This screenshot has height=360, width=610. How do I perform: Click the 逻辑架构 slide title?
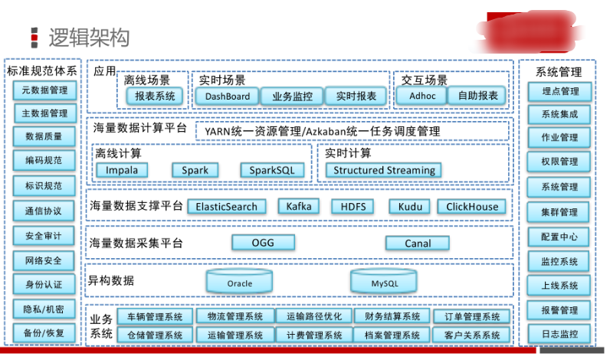[89, 38]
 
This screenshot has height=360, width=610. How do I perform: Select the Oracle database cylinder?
[239, 282]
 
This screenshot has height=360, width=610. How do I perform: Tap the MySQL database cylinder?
[385, 282]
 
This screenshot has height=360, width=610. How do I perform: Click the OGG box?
[263, 243]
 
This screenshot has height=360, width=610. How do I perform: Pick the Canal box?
[417, 244]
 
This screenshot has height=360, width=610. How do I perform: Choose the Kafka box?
[299, 206]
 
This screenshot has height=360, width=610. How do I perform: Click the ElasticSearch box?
[227, 206]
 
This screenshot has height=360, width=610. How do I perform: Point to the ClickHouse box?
[472, 206]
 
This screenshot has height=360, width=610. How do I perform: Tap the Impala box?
[122, 169]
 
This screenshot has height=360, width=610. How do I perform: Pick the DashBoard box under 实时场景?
[227, 97]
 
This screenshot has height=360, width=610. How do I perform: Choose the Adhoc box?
[422, 97]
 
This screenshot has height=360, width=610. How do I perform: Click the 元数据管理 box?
[43, 90]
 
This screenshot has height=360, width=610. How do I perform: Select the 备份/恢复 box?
[43, 334]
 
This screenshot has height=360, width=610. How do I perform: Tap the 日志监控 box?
[559, 334]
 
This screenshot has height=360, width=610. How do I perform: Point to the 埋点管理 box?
[559, 91]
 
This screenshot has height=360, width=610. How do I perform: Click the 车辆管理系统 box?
[155, 317]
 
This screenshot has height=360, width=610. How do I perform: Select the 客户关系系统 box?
[471, 335]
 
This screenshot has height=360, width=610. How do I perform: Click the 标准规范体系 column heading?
[42, 71]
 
